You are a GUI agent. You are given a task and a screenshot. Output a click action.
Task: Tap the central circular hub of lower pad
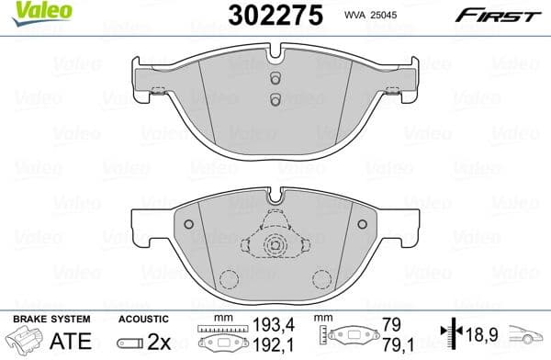coord(274,245)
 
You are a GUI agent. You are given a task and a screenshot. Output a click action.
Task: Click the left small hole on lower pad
coord(190,224)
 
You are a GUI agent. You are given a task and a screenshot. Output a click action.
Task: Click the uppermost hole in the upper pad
coord(274,79)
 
